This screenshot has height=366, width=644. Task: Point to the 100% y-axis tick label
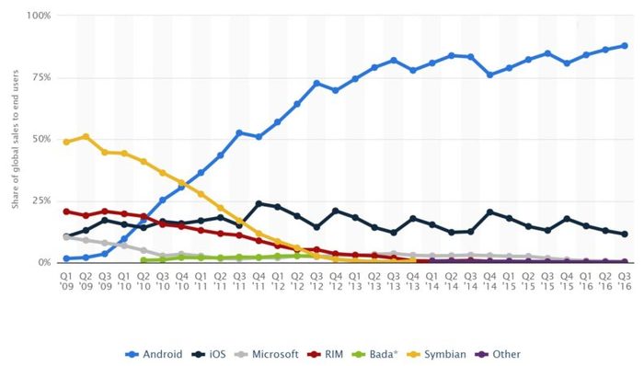click(x=40, y=16)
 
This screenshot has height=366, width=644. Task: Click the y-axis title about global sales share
click(x=16, y=138)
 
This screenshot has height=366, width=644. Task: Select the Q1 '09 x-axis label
click(x=66, y=280)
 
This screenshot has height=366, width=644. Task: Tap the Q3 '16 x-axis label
click(x=624, y=280)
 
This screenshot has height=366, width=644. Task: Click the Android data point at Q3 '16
click(x=624, y=45)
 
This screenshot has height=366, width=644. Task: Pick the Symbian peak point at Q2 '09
click(x=86, y=136)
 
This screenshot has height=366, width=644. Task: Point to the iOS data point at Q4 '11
click(x=259, y=203)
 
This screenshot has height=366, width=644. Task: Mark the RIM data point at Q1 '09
click(x=66, y=212)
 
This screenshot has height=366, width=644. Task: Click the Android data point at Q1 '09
click(x=66, y=258)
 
